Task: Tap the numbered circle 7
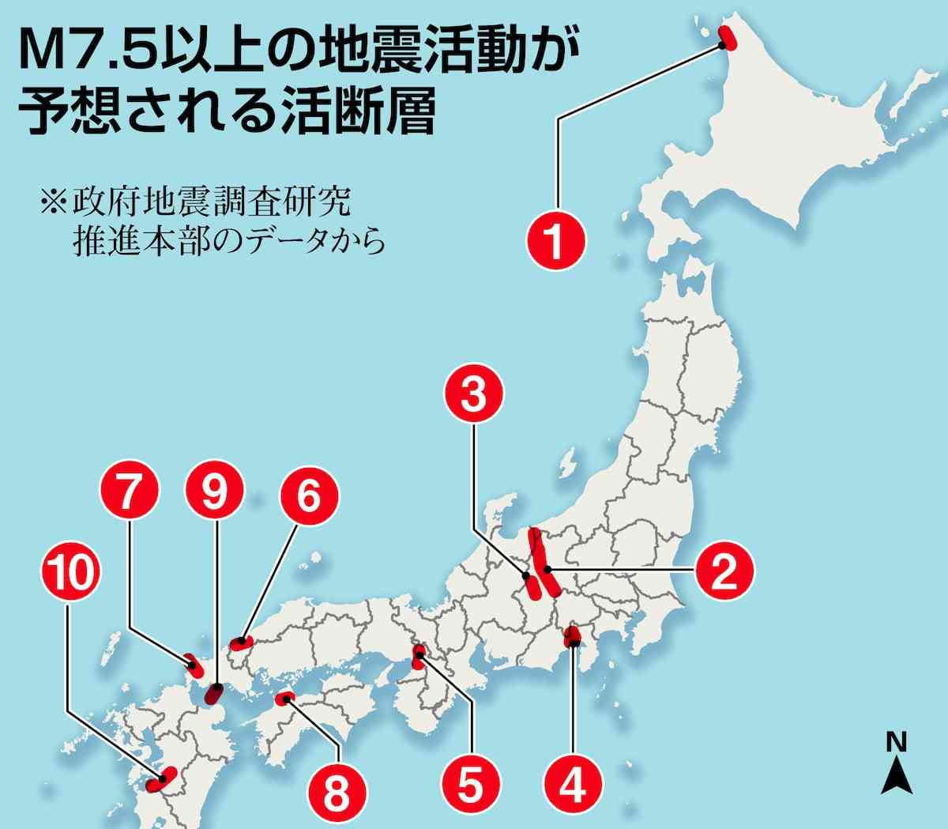coord(130,497)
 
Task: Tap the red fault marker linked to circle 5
coord(419,653)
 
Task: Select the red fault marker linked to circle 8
coord(284,698)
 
